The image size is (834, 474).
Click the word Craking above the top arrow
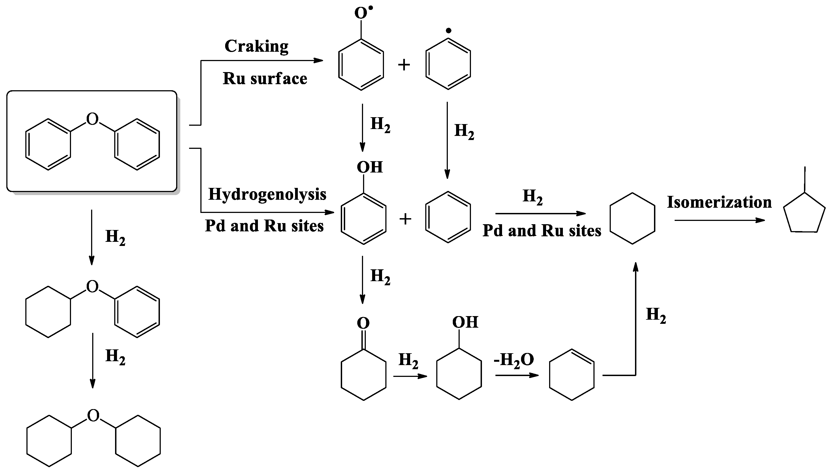[x=256, y=46]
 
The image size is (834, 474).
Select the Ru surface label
[x=265, y=79]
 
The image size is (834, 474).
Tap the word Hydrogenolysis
[x=267, y=194]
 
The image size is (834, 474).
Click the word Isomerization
[x=719, y=202]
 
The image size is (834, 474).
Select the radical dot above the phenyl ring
[x=448, y=31]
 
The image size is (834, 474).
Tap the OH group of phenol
[x=370, y=167]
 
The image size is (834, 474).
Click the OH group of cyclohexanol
[x=465, y=322]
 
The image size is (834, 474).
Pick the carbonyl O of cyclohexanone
[x=363, y=323]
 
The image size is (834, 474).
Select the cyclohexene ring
[x=571, y=375]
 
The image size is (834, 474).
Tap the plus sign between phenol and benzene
[x=405, y=219]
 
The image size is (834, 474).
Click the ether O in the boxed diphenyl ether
[x=92, y=119]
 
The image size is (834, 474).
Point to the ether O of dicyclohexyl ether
[x=93, y=416]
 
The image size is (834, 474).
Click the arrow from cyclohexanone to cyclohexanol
[x=410, y=376]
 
